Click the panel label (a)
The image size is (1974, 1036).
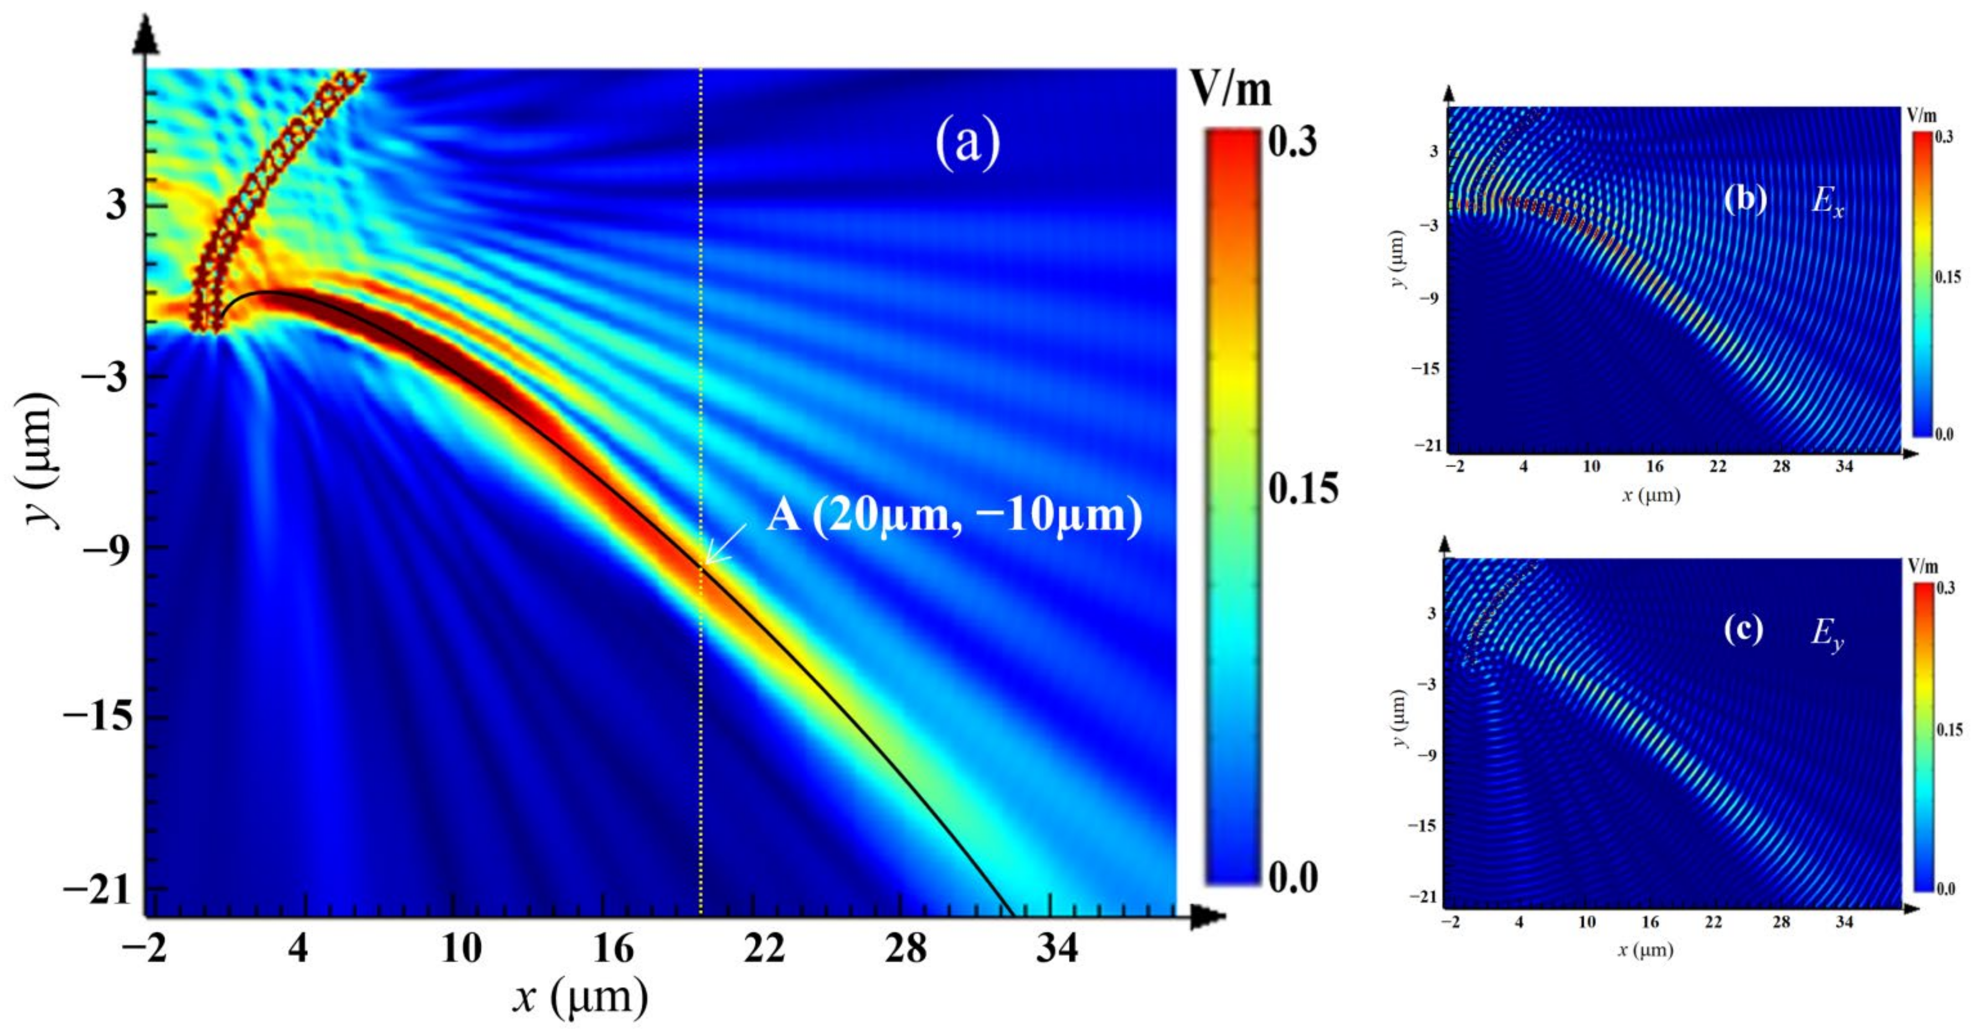(x=967, y=144)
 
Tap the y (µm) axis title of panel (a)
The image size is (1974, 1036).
(x=40, y=460)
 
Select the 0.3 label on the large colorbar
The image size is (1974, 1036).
(x=1292, y=141)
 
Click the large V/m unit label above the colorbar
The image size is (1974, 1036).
(x=1231, y=91)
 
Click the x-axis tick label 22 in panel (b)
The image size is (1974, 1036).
(x=1717, y=467)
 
